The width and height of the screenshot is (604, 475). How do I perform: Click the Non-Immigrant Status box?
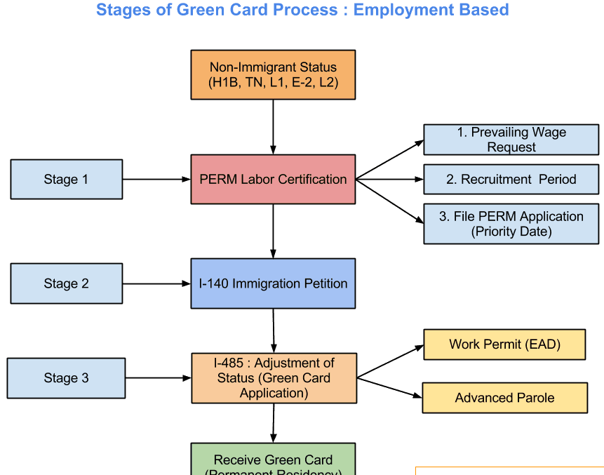coord(273,74)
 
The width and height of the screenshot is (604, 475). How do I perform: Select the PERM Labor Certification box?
coord(273,179)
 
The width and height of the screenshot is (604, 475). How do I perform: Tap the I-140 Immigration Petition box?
coord(273,283)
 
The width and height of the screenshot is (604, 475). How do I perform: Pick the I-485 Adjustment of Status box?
coord(274,377)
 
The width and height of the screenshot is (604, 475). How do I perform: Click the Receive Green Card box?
coord(273,460)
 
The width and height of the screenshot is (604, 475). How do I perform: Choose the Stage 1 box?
coord(67,179)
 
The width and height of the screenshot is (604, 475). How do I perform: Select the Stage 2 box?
coord(67,283)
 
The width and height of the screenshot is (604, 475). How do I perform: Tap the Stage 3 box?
coord(67,377)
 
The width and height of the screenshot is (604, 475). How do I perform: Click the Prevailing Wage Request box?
coord(511,140)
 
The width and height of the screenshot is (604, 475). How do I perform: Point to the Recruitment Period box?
coord(511,179)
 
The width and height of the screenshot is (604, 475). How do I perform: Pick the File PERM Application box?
coord(511,224)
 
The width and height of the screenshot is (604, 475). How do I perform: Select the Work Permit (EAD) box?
coord(504,344)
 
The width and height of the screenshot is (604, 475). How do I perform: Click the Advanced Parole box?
coord(504,398)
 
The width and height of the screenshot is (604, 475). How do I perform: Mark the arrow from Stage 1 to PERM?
coord(156,179)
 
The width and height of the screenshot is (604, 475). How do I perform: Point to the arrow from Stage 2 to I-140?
coord(156,283)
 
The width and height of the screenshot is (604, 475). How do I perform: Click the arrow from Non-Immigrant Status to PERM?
coord(273,126)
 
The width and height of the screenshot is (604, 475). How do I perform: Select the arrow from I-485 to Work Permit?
coord(390,361)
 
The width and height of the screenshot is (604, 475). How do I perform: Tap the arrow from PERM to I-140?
coord(273,231)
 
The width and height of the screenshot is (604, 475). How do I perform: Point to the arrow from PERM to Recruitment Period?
coord(390,179)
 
